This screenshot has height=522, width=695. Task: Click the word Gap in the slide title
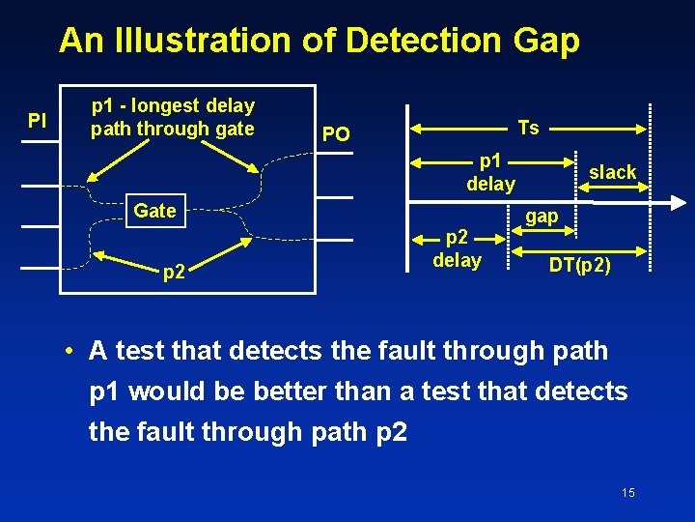(x=546, y=41)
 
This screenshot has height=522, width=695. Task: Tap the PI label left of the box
(x=38, y=121)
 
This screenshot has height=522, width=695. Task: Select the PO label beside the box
(x=335, y=134)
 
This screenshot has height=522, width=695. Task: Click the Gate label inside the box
(x=154, y=211)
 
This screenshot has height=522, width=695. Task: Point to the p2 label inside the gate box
(x=174, y=273)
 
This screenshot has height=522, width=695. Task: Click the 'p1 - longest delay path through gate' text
(x=173, y=117)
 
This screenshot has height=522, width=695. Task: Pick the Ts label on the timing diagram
(x=529, y=128)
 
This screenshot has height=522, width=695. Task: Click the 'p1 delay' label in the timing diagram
(x=490, y=172)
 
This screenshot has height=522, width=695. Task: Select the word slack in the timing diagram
(x=613, y=172)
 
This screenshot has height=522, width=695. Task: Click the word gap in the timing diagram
(x=542, y=216)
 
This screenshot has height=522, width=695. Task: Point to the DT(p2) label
(x=580, y=266)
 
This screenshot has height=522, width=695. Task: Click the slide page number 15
(x=628, y=493)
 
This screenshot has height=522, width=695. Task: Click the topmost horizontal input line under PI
(x=41, y=142)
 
